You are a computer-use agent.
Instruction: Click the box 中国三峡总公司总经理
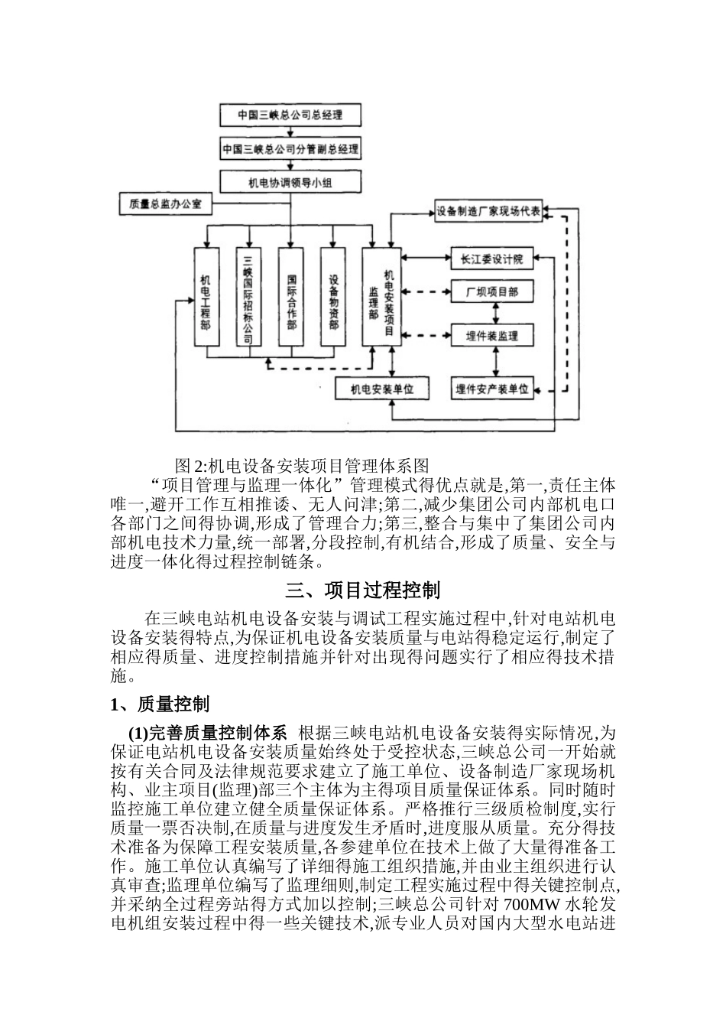[x=290, y=115]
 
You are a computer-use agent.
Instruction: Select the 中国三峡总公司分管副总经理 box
[x=290, y=148]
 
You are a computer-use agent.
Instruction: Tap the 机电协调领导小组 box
[x=290, y=181]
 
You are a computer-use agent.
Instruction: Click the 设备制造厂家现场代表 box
[x=488, y=212]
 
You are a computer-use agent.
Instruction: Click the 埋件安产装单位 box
[x=493, y=389]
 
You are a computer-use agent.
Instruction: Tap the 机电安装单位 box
[x=381, y=389]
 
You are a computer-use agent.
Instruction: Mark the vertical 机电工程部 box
[x=205, y=300]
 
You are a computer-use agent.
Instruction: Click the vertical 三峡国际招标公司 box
[x=248, y=300]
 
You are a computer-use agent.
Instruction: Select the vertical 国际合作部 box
[x=290, y=300]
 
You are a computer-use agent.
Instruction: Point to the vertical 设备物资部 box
[x=333, y=300]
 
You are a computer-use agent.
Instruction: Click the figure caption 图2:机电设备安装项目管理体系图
[x=302, y=464]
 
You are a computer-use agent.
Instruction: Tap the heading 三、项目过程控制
[x=363, y=590]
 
